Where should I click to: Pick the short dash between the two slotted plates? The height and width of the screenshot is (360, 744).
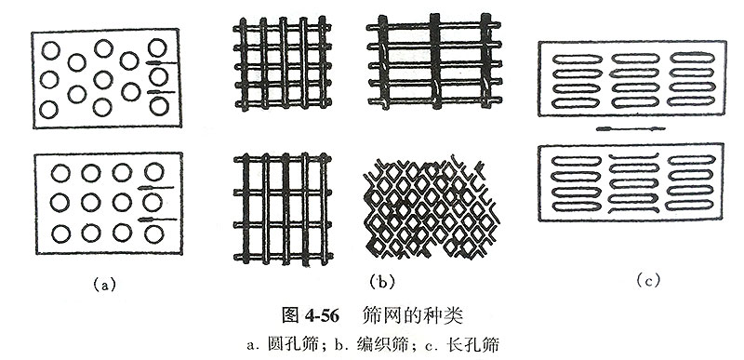click(631, 127)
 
